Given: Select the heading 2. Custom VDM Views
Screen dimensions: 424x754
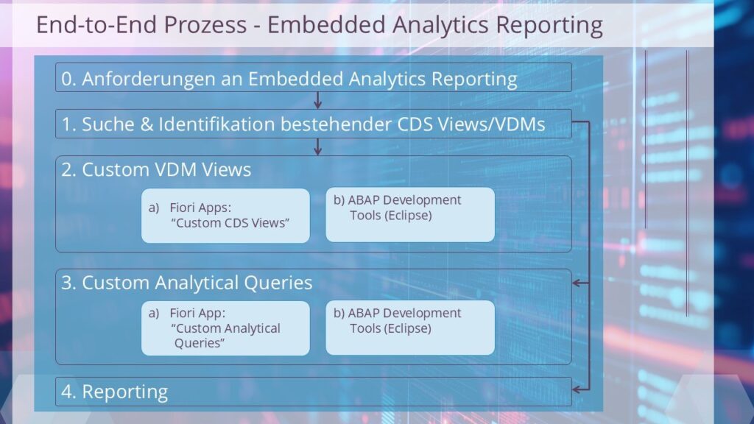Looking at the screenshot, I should [156, 170].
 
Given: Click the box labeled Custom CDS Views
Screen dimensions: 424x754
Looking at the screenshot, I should [225, 216].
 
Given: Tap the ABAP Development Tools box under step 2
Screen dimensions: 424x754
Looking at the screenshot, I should [409, 214].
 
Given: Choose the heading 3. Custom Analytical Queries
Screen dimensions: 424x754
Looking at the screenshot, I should [187, 283].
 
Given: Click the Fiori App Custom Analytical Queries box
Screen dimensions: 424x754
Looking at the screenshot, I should [225, 328].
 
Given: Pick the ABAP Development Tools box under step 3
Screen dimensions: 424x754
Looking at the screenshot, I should [409, 328].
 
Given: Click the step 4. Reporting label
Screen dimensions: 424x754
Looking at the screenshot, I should [115, 392].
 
